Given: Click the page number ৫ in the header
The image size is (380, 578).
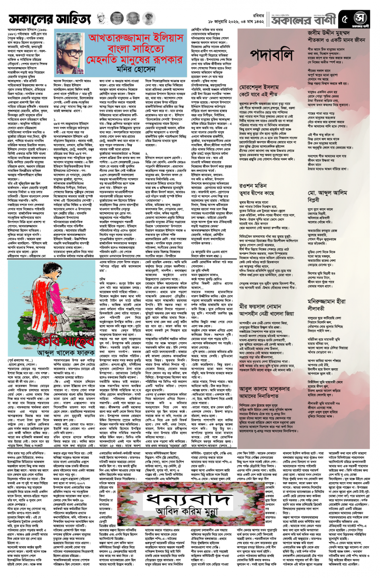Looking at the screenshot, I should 344,19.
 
